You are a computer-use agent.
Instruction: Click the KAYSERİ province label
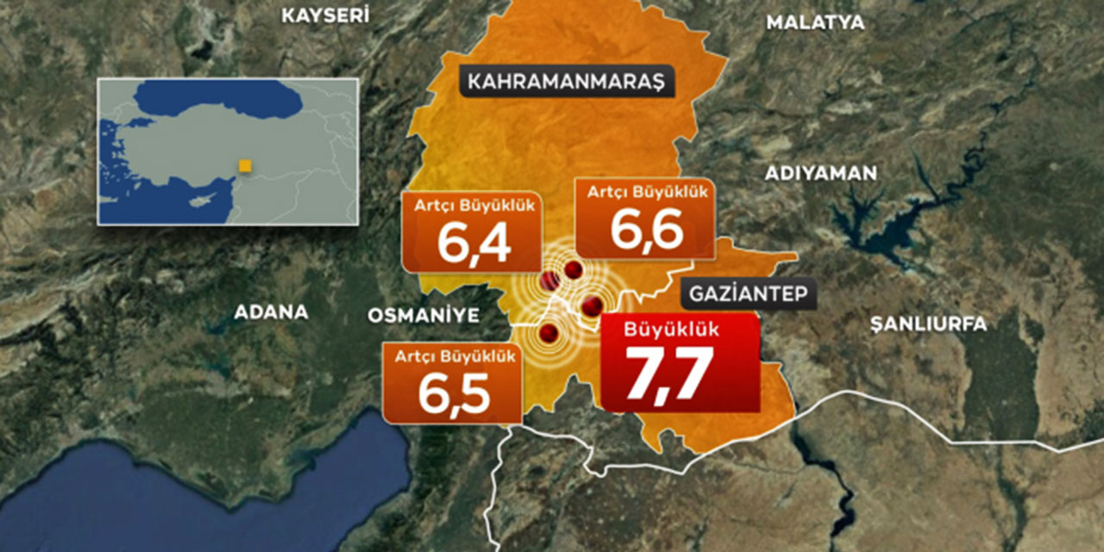326,15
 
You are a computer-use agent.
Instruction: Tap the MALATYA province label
815,22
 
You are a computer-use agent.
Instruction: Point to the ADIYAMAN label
820,173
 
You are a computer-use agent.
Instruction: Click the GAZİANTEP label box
748,295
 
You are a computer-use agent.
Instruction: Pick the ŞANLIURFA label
927,324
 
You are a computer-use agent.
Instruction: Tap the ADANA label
271,312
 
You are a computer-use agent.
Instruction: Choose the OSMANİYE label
423,316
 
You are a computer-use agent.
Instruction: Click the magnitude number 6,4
474,243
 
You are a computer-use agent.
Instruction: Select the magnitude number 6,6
647,229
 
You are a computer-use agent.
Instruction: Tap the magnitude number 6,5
454,392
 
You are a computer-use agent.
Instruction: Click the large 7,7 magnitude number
669,373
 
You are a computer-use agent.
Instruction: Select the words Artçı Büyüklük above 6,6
647,192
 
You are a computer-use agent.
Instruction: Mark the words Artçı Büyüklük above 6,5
454,355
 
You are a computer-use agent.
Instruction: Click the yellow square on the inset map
245,166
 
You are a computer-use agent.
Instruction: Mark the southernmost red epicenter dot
549,334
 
